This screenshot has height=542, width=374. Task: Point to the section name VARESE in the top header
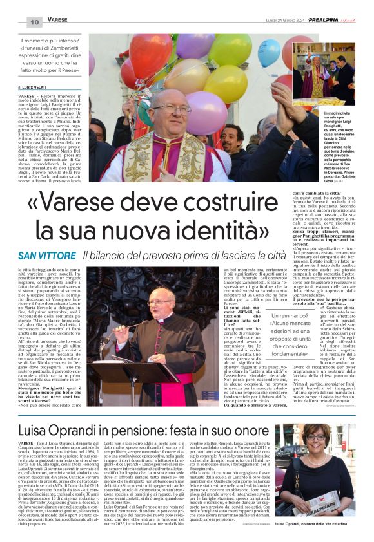click(57, 21)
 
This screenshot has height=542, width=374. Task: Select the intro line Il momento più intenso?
click(50, 40)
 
